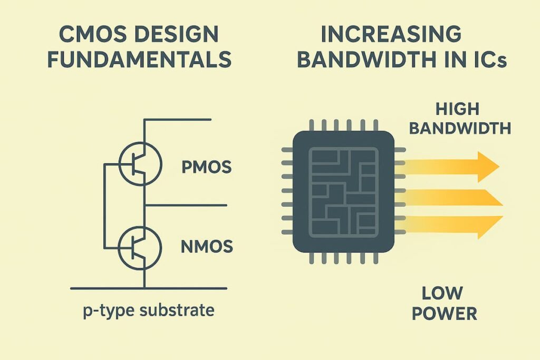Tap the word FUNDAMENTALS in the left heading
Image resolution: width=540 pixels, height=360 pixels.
coord(139,60)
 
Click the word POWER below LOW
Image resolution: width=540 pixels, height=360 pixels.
coord(444,314)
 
